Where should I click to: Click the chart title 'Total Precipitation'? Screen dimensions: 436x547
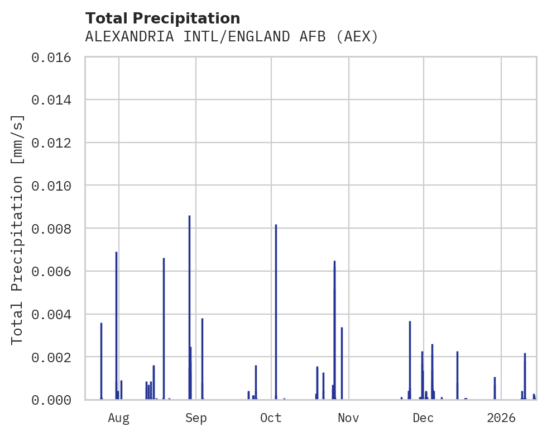pyautogui.click(x=162, y=18)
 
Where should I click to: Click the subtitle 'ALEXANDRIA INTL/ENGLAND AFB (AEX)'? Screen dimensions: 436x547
pyautogui.click(x=232, y=37)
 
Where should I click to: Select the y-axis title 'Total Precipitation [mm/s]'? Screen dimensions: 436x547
pyautogui.click(x=17, y=229)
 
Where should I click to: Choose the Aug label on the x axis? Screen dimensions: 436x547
pyautogui.click(x=119, y=418)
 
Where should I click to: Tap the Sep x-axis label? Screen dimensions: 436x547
pyautogui.click(x=196, y=418)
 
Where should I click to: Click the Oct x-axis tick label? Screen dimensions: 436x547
pyautogui.click(x=271, y=418)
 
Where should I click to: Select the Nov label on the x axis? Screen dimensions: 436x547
pyautogui.click(x=348, y=418)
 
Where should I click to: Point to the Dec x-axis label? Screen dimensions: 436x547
pyautogui.click(x=424, y=418)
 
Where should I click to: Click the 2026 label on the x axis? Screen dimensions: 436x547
pyautogui.click(x=501, y=418)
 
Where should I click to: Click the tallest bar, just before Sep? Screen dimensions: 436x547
pyautogui.click(x=189, y=307)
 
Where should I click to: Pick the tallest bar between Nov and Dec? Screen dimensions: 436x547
pyautogui.click(x=410, y=360)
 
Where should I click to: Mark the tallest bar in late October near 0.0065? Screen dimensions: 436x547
pyautogui.click(x=334, y=330)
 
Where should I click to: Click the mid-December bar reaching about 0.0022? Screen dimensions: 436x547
pyautogui.click(x=457, y=375)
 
